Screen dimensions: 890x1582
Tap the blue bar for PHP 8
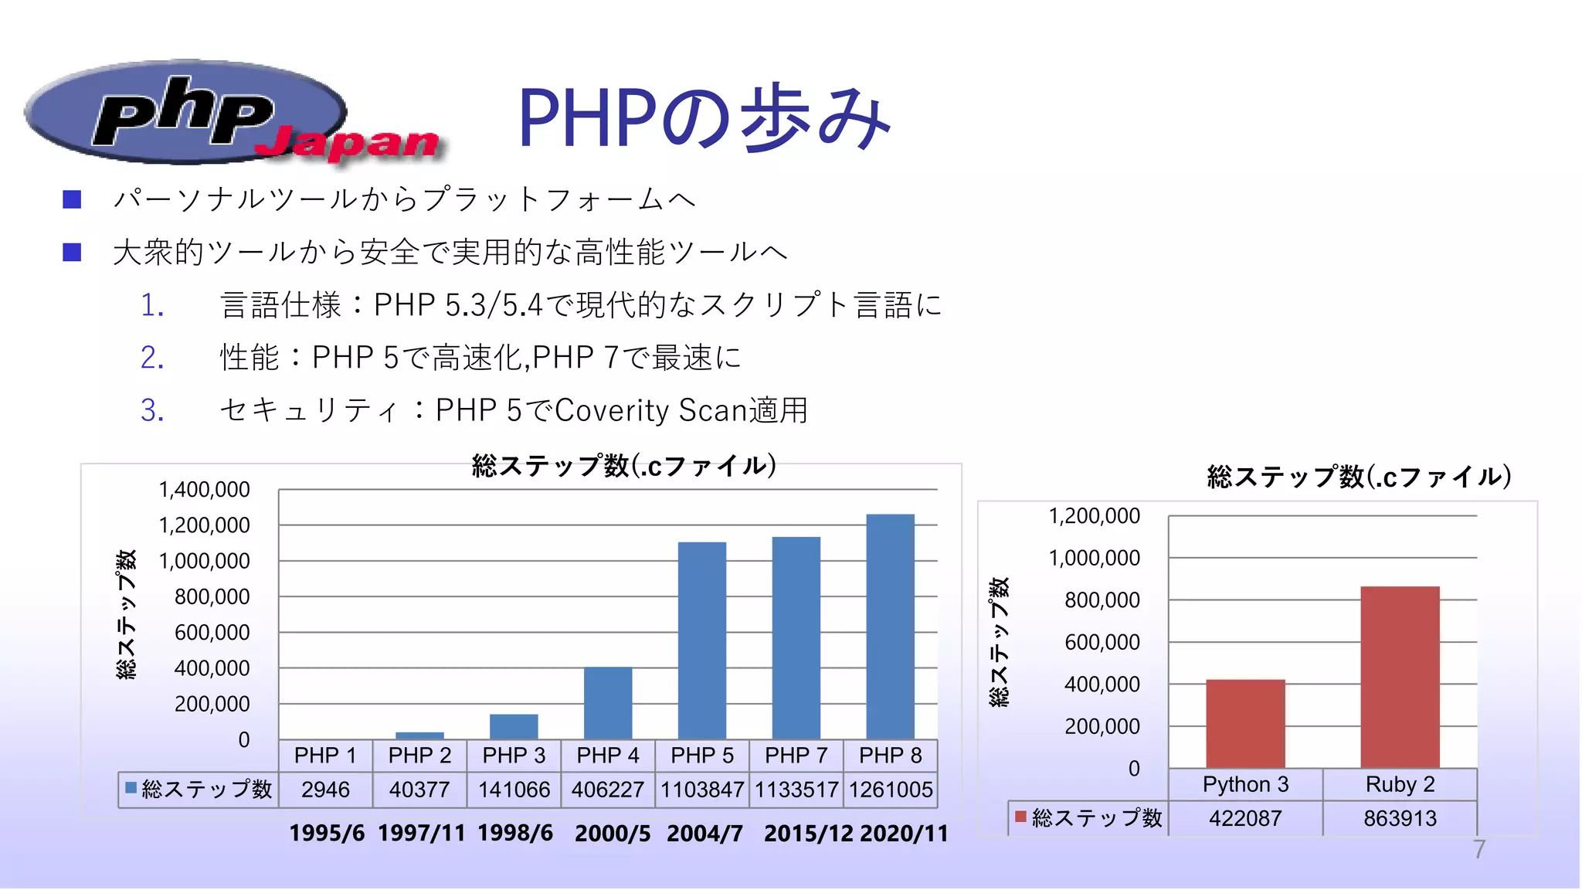890,626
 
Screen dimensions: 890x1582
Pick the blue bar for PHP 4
608,702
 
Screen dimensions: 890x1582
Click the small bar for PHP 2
419,735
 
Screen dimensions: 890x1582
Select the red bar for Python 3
1245,723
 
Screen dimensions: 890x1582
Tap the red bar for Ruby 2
1400,677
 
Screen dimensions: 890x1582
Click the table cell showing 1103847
701,790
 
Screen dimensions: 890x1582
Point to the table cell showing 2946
325,790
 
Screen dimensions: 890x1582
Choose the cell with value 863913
1400,818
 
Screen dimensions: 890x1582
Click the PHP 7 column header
796,755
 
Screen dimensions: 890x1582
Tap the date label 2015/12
808,834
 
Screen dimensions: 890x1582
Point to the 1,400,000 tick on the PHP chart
204,490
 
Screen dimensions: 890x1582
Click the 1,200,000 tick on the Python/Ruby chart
1094,516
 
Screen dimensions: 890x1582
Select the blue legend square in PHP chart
131,788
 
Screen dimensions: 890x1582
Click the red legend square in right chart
1020,817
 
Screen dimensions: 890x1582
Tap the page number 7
1478,850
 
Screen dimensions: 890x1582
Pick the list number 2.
152,358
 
